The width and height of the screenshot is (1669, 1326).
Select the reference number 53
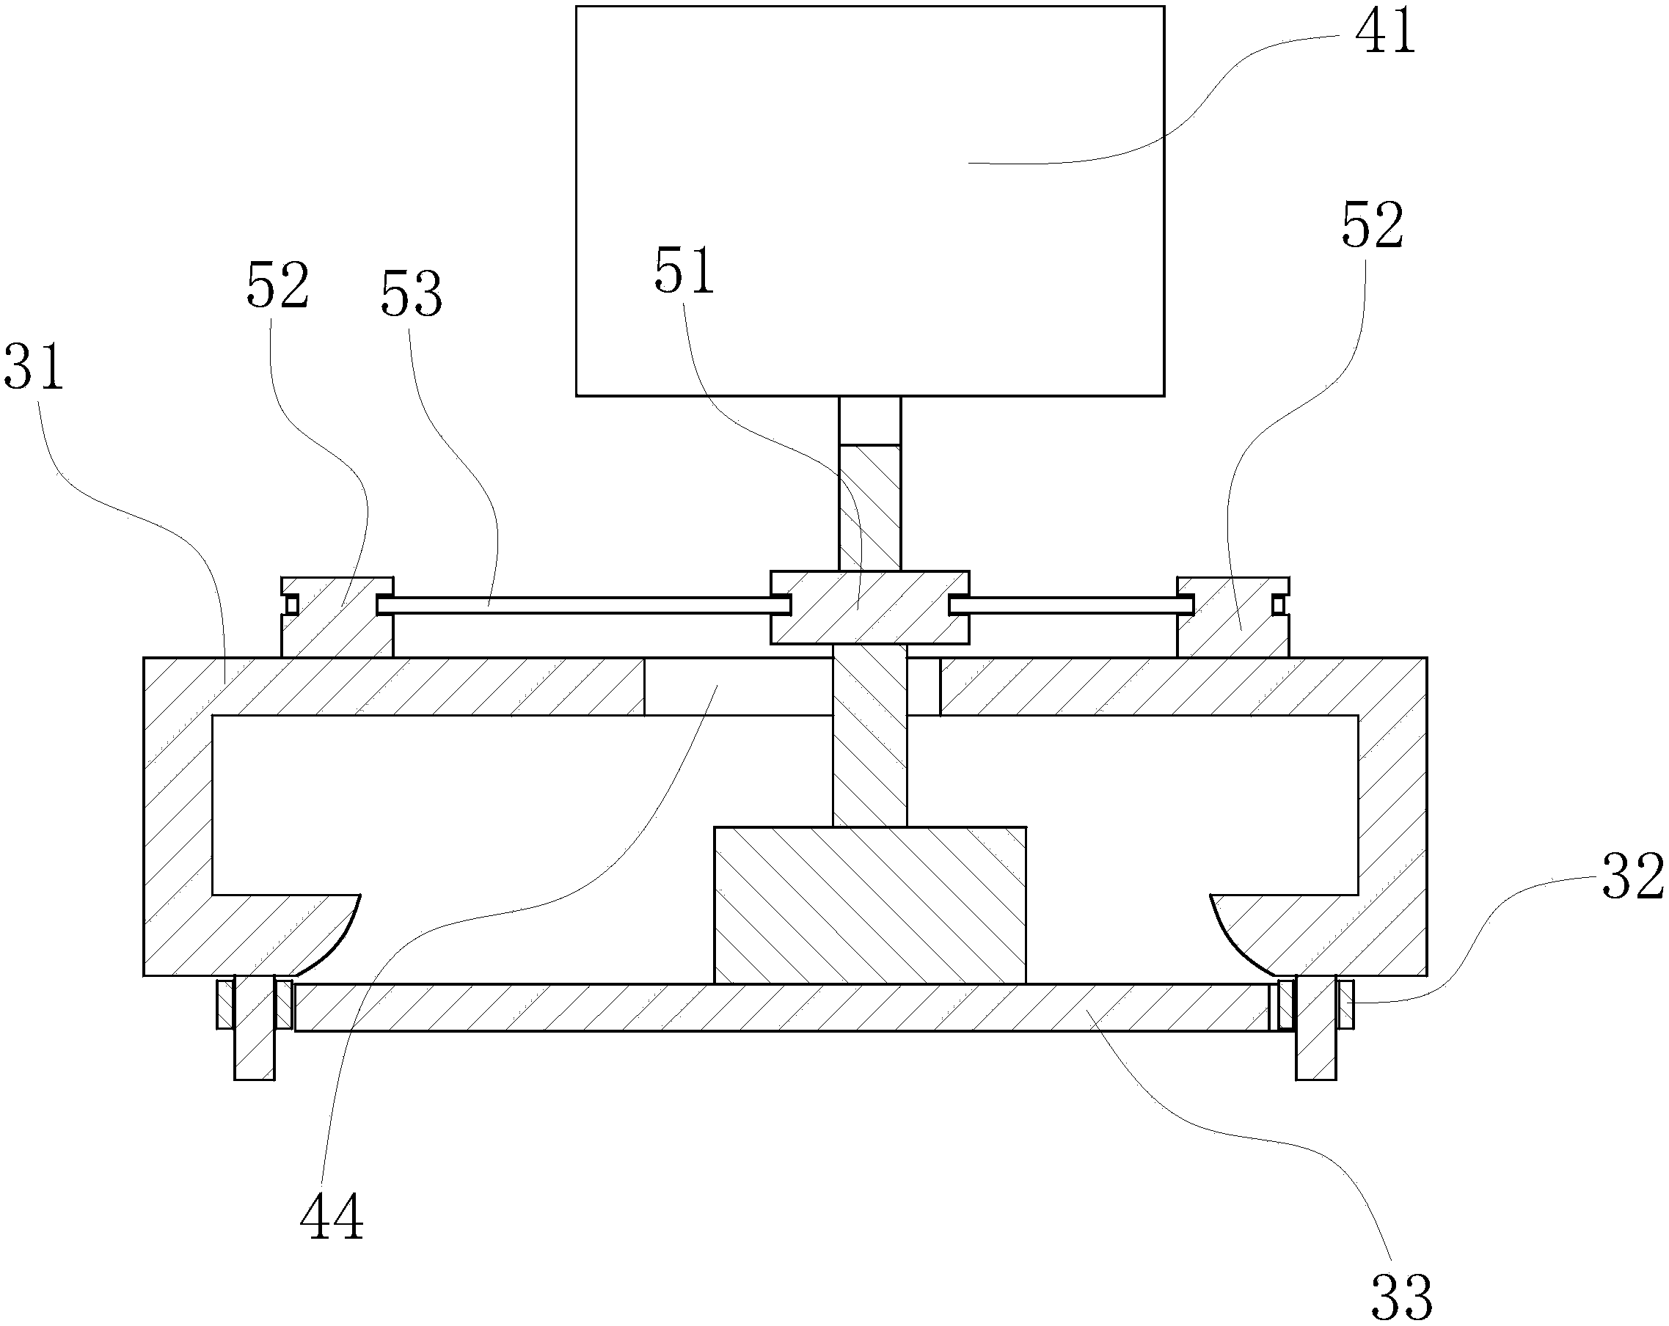point(411,295)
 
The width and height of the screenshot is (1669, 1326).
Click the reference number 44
point(332,1217)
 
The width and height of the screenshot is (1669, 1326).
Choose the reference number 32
point(1632,877)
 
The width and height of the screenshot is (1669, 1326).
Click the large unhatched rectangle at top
point(869,201)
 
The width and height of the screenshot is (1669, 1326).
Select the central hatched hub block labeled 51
point(869,608)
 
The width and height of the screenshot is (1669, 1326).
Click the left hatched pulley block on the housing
point(337,619)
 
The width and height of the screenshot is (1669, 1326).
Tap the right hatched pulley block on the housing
point(1232,619)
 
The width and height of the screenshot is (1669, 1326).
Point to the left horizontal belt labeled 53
point(573,605)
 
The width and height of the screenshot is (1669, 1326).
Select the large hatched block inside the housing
point(869,905)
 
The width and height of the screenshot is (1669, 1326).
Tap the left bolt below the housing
point(254,1028)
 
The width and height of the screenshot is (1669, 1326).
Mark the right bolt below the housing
point(1316,1028)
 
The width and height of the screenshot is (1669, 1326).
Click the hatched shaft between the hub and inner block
point(869,736)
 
